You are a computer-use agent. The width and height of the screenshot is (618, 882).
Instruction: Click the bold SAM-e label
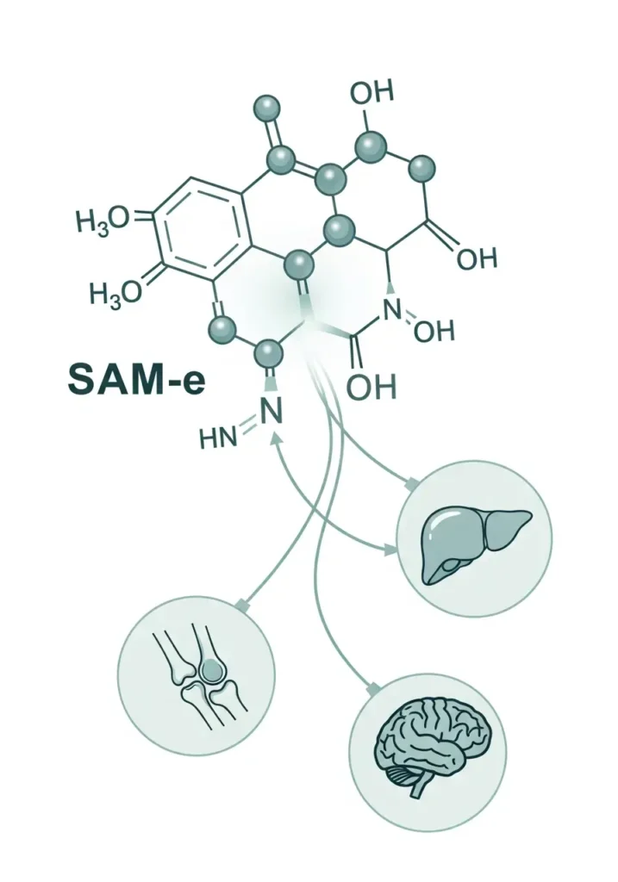[x=137, y=379]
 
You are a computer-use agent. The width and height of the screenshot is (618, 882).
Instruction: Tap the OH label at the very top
[x=372, y=92]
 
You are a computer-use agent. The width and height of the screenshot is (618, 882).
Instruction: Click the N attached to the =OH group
[x=392, y=310]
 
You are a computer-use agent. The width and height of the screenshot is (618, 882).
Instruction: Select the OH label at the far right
[x=477, y=259]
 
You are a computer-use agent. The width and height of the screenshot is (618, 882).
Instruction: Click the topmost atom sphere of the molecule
[x=267, y=108]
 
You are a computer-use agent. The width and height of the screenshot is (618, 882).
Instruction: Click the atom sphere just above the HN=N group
[x=268, y=354]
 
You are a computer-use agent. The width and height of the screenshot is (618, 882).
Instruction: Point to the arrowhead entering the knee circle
[x=243, y=604]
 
